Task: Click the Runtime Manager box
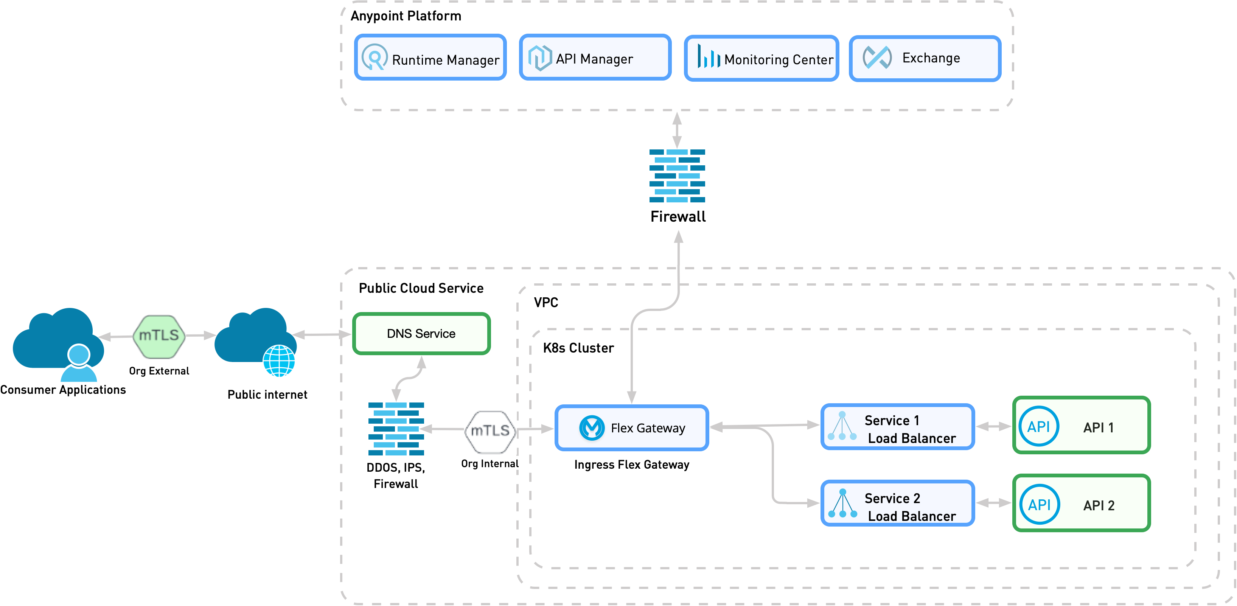click(x=430, y=57)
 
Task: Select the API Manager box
click(x=595, y=57)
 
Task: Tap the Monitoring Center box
click(x=761, y=59)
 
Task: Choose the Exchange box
click(x=925, y=59)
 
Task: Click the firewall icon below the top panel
click(x=677, y=176)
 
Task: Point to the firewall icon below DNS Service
click(x=396, y=429)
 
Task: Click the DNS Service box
click(x=421, y=334)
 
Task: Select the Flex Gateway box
click(x=631, y=428)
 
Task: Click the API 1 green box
click(x=1082, y=426)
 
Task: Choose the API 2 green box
click(x=1082, y=503)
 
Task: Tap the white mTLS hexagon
click(x=490, y=431)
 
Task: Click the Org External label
click(x=159, y=371)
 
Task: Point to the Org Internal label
click(x=490, y=463)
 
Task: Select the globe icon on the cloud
click(x=279, y=361)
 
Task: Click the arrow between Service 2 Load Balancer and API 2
click(x=993, y=503)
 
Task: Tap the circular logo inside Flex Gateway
click(x=592, y=427)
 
